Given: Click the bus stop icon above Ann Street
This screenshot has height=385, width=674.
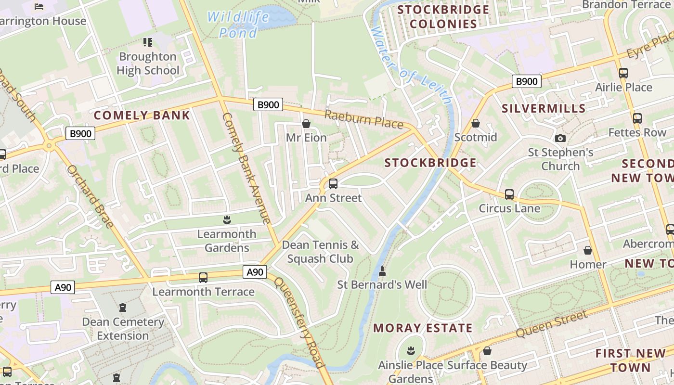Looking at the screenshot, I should point(333,183).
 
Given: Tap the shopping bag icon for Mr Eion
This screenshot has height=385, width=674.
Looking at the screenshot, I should point(306,124).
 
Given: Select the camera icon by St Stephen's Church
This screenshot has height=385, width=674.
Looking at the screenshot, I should point(560,139).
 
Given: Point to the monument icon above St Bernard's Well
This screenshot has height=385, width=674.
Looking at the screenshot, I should point(382,271).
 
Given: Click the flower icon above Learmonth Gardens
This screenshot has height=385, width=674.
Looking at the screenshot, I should point(227,220).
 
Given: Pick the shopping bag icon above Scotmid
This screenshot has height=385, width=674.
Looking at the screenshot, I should point(476,124).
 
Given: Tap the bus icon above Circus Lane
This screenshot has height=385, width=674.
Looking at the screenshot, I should point(509,194).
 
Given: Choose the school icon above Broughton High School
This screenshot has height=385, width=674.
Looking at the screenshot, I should point(148,42).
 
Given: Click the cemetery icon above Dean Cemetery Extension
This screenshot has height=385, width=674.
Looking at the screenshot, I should point(123,307).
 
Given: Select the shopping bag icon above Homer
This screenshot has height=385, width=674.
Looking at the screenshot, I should point(588,250).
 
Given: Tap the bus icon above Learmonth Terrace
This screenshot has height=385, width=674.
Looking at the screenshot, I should point(203,277).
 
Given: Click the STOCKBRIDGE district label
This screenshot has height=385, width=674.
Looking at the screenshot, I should point(430,163).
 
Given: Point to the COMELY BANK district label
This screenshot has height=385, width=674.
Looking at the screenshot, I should point(142,115).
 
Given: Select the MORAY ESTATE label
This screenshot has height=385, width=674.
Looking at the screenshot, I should point(423,328).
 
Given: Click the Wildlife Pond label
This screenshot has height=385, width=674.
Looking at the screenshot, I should point(238,25).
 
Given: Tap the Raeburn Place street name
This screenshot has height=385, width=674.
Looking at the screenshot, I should point(363,119).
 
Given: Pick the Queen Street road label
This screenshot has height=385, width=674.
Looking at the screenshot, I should point(551,324).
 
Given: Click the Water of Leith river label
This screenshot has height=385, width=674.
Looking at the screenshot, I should point(411,65).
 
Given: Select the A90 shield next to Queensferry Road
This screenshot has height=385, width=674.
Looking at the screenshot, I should point(255,272).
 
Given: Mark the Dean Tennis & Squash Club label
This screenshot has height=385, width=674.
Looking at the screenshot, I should point(320,252).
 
